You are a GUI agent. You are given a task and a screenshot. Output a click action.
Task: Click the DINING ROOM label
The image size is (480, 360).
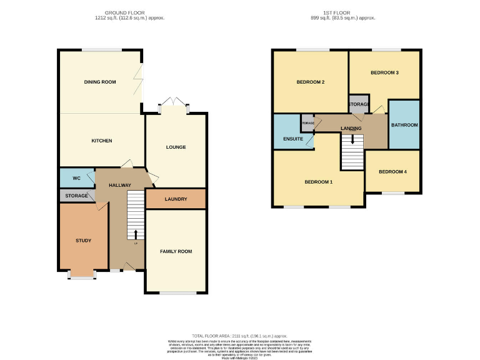(100, 82)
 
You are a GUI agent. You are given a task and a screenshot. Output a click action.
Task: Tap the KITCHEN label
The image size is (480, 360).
(102, 141)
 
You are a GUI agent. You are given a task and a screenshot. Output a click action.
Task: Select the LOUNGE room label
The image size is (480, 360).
(176, 147)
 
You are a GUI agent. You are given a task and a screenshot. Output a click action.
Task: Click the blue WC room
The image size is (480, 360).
(76, 178)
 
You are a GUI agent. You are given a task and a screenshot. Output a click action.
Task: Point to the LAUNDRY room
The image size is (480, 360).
(176, 199)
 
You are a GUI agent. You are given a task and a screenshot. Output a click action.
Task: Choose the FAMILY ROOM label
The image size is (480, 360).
(176, 251)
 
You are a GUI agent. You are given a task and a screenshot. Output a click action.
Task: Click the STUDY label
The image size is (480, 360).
(83, 241)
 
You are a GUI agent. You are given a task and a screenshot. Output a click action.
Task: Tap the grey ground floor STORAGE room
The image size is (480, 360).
(76, 196)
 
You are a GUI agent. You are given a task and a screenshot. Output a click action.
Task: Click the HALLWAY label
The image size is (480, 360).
(119, 186)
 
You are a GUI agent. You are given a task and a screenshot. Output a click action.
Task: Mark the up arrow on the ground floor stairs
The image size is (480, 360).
(136, 234)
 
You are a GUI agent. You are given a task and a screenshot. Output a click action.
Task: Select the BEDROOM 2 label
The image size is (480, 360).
(310, 82)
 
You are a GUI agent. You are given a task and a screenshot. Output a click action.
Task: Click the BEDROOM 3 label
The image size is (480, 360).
(384, 72)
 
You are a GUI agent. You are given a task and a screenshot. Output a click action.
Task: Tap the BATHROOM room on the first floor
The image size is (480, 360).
(404, 125)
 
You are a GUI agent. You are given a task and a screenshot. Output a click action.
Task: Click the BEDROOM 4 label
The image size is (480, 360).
(392, 172)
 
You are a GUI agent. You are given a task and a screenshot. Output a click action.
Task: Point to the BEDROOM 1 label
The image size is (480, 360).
(318, 182)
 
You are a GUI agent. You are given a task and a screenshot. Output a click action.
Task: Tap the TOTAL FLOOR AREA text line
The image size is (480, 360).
(240, 336)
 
